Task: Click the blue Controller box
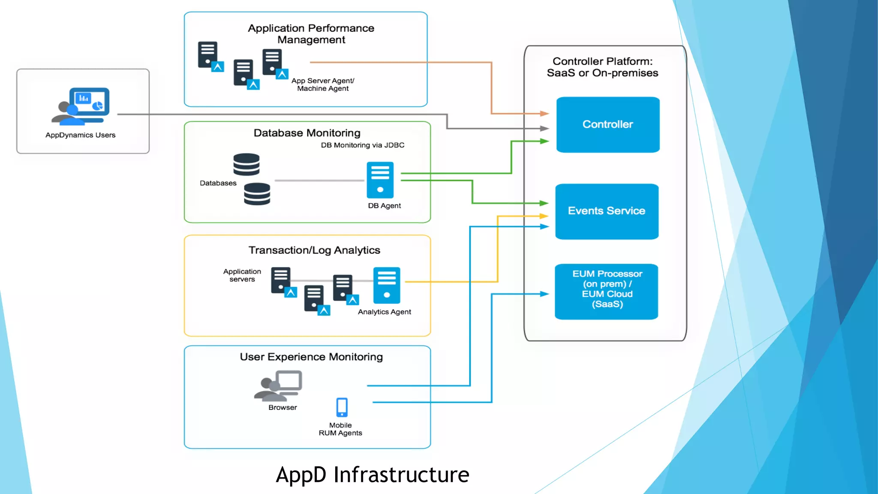pos(607,124)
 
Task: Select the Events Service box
pos(607,211)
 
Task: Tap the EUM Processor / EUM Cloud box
pos(607,291)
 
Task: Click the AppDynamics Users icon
pos(81,106)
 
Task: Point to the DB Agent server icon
pos(380,180)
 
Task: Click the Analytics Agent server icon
pos(386,285)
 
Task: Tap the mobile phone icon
pos(342,407)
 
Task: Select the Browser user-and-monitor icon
pos(279,386)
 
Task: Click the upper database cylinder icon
pos(247,164)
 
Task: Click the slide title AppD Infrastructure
pos(372,474)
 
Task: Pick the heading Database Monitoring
pos(307,133)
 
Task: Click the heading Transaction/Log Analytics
pos(314,250)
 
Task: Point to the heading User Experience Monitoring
pos(311,357)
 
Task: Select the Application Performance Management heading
pos(311,34)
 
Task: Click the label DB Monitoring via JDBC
pos(362,145)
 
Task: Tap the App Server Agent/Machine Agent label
pos(323,84)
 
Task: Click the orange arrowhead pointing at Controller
pos(544,114)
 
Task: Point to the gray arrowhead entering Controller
pos(544,128)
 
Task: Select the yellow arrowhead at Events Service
pos(544,216)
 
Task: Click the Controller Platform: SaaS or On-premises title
pos(602,67)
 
